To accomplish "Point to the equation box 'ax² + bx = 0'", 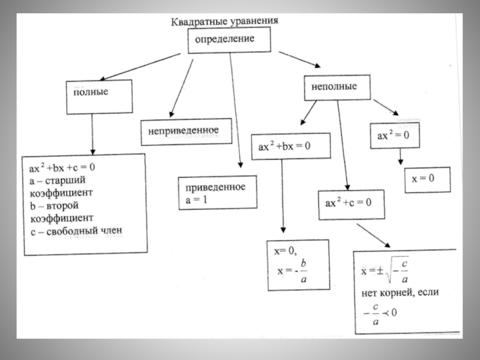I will (x=285, y=147).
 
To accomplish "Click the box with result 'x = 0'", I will (x=427, y=179).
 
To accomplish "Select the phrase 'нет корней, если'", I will (x=400, y=293).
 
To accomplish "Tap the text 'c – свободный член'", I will (x=79, y=230).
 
